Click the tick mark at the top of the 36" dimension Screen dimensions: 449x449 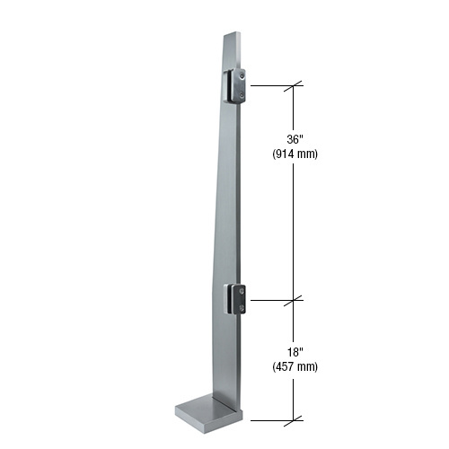click(294, 86)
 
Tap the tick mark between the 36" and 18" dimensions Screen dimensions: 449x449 click(294, 298)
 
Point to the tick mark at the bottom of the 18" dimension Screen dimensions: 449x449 click(294, 419)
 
